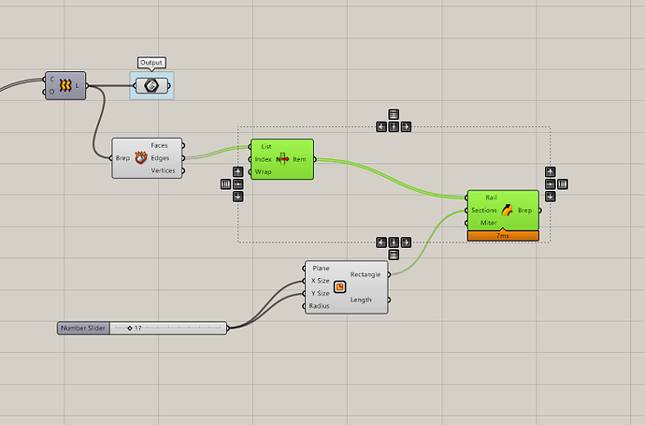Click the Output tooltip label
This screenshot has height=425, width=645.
click(150, 63)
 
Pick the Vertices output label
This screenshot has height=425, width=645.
click(164, 170)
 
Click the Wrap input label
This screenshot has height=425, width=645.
click(264, 171)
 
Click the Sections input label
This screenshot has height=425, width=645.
click(484, 210)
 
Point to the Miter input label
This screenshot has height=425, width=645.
click(489, 222)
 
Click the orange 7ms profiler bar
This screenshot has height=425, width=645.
click(503, 236)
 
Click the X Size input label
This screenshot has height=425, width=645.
click(320, 281)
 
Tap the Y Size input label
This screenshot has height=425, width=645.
click(320, 293)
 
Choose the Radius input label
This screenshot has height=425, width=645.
click(320, 305)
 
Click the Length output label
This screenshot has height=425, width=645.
click(361, 300)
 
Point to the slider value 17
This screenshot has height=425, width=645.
click(137, 328)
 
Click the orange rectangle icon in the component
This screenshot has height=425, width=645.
click(340, 287)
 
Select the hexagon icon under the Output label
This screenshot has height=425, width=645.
click(151, 85)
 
